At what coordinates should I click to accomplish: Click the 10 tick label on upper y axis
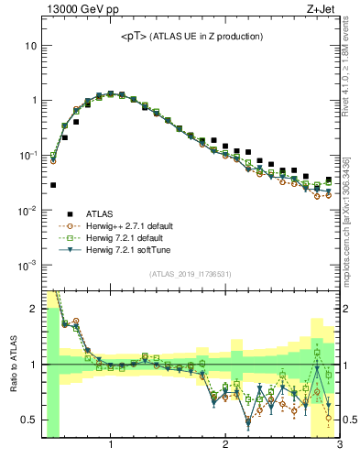pos(29,45)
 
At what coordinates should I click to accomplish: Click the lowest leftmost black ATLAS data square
pos(53,185)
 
